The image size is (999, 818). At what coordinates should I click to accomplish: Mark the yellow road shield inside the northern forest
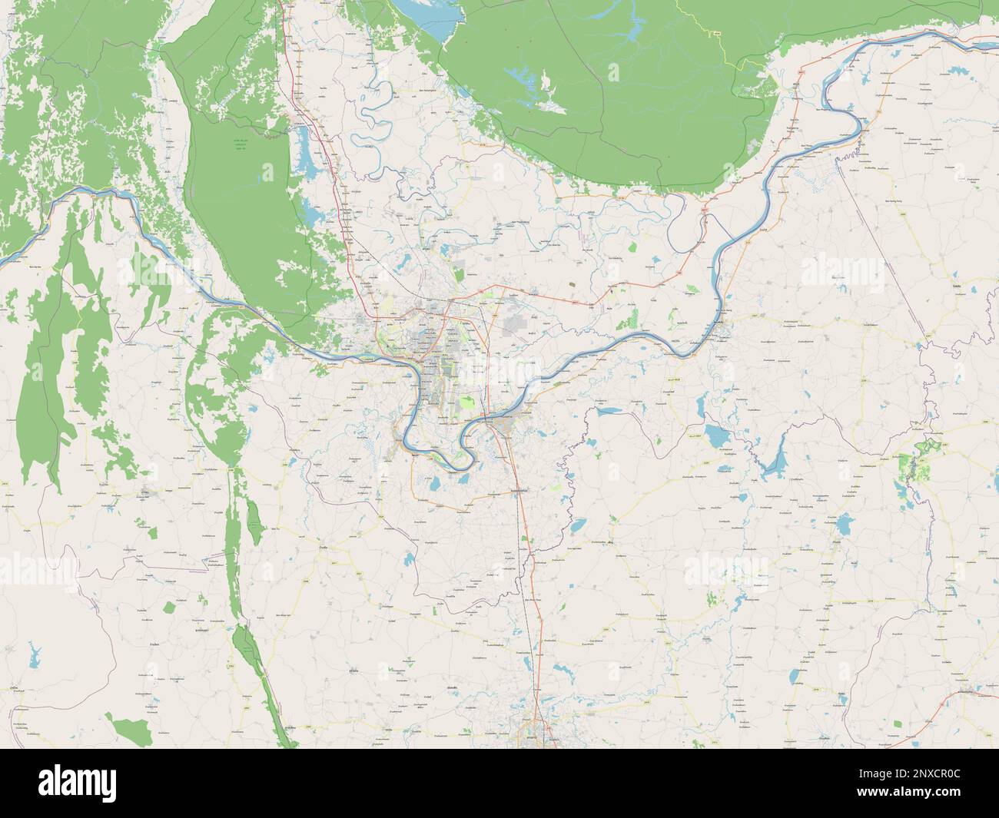pyautogui.click(x=715, y=34)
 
